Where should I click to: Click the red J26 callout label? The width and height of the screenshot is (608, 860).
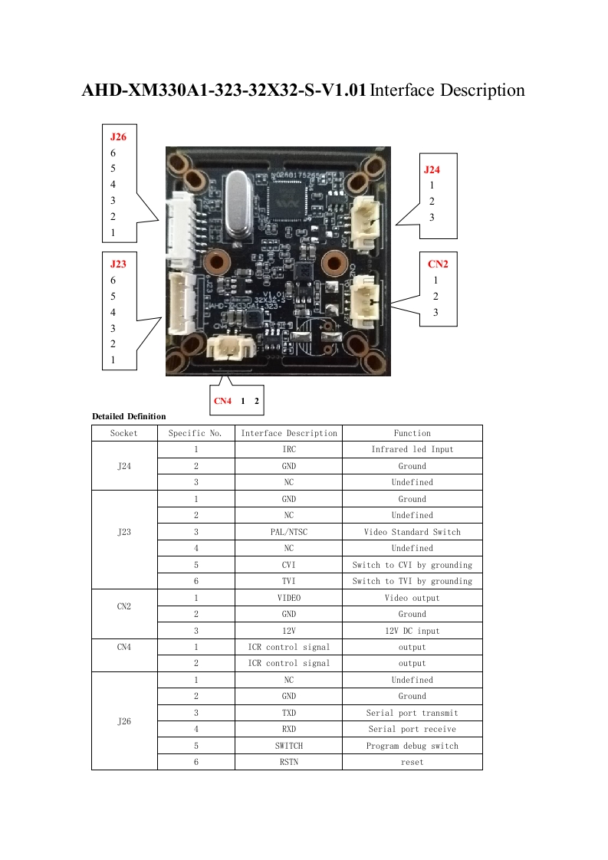118,136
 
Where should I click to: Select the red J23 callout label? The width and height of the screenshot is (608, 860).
118,264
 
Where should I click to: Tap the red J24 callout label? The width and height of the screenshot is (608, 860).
432,169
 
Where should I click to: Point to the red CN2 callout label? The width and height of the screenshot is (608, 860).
438,264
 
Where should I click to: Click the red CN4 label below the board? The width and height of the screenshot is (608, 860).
222,401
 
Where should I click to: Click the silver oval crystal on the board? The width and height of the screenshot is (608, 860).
240,200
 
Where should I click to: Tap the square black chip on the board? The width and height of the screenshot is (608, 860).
285,202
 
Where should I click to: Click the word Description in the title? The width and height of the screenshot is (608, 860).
476,90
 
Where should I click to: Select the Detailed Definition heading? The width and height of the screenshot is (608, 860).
129,416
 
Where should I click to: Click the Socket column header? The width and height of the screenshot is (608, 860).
124,433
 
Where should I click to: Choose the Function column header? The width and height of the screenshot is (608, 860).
412,433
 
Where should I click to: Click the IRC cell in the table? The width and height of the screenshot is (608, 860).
288,449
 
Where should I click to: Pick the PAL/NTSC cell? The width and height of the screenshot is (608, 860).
288,532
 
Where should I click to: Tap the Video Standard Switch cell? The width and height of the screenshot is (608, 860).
412,532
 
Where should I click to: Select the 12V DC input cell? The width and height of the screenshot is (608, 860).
412,631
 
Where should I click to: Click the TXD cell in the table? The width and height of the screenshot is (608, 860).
288,713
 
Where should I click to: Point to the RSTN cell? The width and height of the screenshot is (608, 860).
288,762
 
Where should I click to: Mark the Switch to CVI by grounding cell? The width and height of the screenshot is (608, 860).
412,565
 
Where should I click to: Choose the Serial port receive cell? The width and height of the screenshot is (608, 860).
412,729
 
